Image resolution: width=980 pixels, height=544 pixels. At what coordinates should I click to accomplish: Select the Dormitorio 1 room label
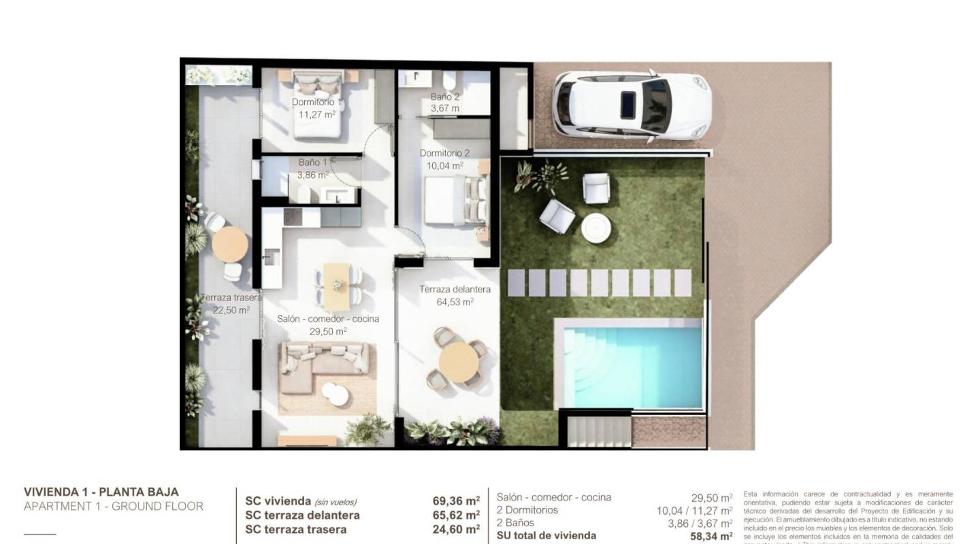click(x=316, y=102)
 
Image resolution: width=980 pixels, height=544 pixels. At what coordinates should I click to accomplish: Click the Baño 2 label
click(x=445, y=97)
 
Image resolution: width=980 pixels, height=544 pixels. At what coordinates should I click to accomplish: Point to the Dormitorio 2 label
click(x=444, y=154)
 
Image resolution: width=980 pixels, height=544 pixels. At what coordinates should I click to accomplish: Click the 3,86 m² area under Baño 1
click(x=313, y=175)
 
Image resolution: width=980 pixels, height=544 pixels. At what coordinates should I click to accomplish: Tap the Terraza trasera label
click(x=231, y=298)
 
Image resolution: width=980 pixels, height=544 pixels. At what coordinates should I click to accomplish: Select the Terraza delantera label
click(x=455, y=290)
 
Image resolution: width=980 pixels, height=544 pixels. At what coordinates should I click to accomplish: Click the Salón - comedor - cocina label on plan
click(x=328, y=319)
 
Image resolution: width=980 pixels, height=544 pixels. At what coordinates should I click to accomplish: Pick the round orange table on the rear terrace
click(x=230, y=244)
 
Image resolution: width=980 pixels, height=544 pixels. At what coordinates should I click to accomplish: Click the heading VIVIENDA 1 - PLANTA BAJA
click(x=101, y=492)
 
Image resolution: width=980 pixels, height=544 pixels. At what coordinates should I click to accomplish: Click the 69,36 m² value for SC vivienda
click(x=456, y=501)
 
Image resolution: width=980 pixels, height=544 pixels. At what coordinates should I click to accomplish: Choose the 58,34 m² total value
click(x=711, y=536)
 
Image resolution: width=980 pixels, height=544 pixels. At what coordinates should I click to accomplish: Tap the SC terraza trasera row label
click(x=295, y=529)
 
